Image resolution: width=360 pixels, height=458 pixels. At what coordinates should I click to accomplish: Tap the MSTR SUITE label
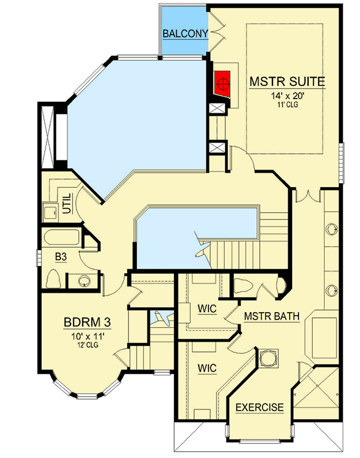click(x=287, y=81)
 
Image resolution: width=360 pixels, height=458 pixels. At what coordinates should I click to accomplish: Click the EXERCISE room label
click(x=259, y=407)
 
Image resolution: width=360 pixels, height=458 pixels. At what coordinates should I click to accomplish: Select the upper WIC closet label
click(x=207, y=309)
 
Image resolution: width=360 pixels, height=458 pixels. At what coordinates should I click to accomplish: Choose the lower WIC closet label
click(x=207, y=367)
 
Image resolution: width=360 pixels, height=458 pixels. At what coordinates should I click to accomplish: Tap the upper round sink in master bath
click(x=332, y=229)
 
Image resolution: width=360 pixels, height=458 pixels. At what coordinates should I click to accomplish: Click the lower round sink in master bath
click(x=332, y=290)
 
